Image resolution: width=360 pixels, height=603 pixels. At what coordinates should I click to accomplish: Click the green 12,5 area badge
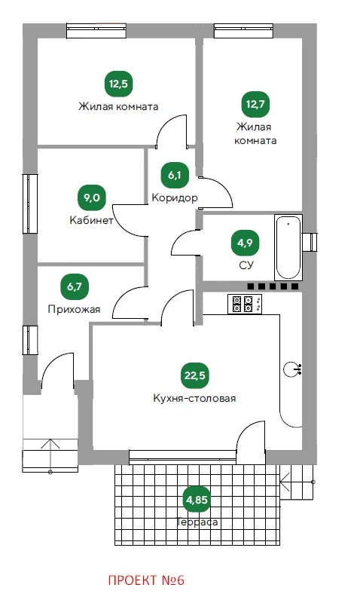[118, 84]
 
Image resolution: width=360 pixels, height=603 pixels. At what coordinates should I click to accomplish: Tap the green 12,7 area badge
[255, 104]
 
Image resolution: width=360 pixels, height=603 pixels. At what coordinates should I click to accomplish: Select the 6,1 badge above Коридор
[174, 176]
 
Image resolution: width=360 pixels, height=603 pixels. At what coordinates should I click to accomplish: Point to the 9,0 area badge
[91, 198]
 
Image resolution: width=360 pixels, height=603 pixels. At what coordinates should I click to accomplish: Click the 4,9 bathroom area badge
[245, 243]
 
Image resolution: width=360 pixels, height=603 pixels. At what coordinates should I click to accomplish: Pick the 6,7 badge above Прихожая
[74, 287]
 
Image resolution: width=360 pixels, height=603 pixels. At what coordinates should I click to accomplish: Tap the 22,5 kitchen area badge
[195, 375]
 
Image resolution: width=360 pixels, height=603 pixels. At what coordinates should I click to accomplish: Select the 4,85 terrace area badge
[197, 500]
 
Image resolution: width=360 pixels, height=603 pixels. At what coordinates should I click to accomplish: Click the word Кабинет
[91, 220]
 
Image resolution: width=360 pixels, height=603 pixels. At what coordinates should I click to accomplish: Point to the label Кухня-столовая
[194, 398]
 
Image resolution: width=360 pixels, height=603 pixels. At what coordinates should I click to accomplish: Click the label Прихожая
[74, 309]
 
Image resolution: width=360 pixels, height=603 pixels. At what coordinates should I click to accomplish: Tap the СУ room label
[246, 265]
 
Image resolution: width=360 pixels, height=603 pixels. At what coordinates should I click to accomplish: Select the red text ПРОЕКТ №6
[146, 580]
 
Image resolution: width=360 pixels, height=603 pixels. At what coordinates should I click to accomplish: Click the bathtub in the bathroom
[288, 247]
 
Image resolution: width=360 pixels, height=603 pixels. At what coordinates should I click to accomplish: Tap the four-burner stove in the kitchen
[245, 304]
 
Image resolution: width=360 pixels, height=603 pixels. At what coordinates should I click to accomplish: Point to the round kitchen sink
[292, 369]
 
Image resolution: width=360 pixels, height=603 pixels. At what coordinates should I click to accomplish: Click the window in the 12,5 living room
[96, 31]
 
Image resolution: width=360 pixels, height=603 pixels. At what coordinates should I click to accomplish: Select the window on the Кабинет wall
[30, 204]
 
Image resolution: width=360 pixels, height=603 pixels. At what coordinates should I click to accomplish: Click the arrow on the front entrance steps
[50, 456]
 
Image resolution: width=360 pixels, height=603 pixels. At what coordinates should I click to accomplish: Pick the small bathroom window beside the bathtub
[310, 242]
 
